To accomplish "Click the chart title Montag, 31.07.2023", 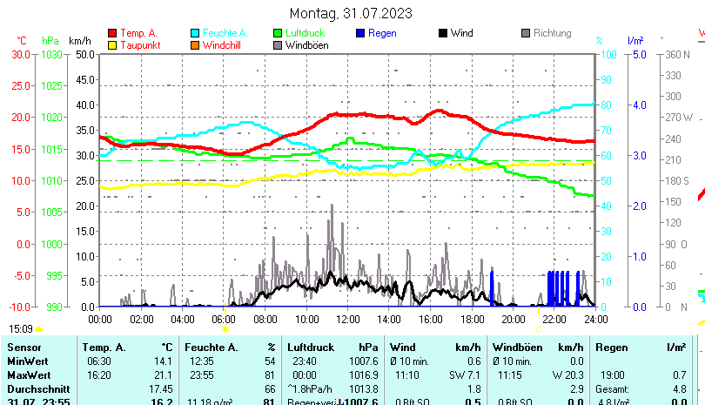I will [x=351, y=13].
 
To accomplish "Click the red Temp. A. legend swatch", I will [x=112, y=33].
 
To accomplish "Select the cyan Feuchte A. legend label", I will [x=218, y=33].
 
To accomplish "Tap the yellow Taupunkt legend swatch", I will [x=112, y=44].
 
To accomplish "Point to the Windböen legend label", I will [x=306, y=44].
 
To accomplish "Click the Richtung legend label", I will [x=552, y=33].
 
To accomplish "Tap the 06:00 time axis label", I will [x=224, y=319].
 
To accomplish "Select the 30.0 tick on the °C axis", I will [x=21, y=54].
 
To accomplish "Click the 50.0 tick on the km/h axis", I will [x=84, y=54].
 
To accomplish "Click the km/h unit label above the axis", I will [x=79, y=40].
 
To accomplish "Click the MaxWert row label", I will [x=29, y=375].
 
